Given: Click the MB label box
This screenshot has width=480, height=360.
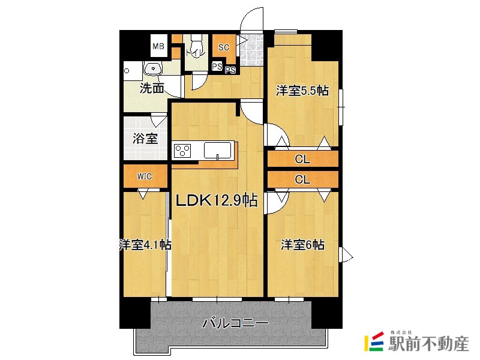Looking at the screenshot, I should tap(158, 46).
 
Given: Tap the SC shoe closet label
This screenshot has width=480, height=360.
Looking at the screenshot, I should tap(223, 47).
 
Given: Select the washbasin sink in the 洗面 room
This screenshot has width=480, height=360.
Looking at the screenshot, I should tap(154, 70).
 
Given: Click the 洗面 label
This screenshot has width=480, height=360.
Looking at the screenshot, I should tap(152, 88).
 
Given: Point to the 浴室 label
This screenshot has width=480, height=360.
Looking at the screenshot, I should tap(145, 139).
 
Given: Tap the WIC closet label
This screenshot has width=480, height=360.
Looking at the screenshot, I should tap(144, 176).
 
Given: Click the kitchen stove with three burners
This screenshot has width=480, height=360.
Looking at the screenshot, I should tap(182, 150).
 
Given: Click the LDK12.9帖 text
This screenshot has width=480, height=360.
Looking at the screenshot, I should tap(216, 200).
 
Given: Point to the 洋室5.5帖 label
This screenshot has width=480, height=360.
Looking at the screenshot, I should tap(302, 91).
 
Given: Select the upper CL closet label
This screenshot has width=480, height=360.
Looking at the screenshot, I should tap(302, 160).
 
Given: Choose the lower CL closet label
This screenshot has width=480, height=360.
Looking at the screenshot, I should tap(302, 179).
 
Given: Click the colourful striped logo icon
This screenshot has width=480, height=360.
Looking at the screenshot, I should tap(374, 342).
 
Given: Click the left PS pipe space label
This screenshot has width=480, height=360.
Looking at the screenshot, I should tap(217, 66).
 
